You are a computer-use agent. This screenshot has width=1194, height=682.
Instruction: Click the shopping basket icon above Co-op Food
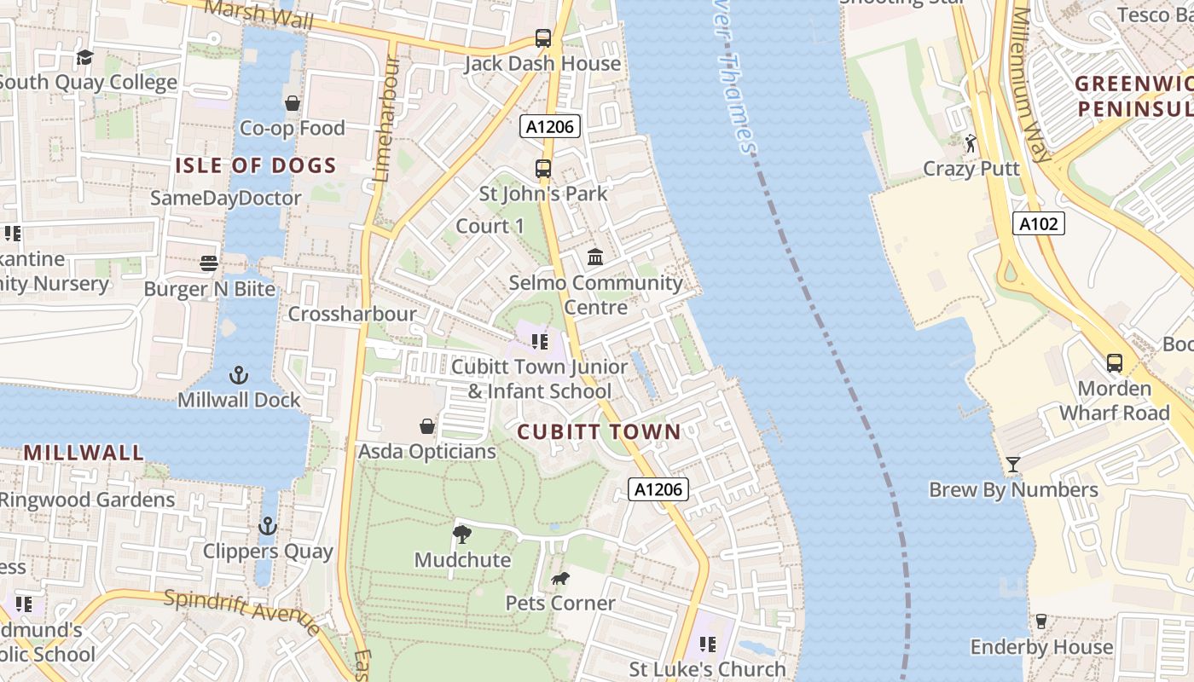293,103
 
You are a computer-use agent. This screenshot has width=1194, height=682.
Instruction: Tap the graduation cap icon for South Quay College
84,58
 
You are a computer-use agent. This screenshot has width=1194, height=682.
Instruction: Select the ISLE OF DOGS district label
256,165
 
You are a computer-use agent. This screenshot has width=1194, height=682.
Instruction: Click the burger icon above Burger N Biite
209,263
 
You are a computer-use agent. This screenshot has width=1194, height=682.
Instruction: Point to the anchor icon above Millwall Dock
239,374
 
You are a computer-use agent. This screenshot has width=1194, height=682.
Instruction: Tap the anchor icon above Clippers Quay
268,526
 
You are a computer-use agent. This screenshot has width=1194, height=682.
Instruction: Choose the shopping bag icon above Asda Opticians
427,425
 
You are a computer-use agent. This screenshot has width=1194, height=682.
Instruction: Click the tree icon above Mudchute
462,535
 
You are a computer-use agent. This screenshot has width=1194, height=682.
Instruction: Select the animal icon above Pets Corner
559,579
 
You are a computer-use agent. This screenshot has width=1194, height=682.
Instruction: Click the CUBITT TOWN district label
599,431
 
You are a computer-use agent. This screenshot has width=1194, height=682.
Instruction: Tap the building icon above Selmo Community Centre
595,257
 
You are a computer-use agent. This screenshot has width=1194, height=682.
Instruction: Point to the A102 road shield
1039,224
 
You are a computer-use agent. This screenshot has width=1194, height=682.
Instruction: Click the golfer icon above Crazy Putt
971,142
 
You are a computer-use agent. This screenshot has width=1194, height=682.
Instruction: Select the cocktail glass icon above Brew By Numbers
1013,465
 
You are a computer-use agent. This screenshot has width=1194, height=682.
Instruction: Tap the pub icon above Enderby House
1040,621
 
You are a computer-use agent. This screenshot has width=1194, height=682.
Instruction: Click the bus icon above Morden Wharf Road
1114,363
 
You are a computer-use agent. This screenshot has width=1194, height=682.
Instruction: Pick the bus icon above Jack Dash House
543,38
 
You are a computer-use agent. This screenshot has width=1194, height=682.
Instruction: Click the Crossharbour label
352,314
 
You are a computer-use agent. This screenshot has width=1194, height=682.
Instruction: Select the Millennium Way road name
1031,85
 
